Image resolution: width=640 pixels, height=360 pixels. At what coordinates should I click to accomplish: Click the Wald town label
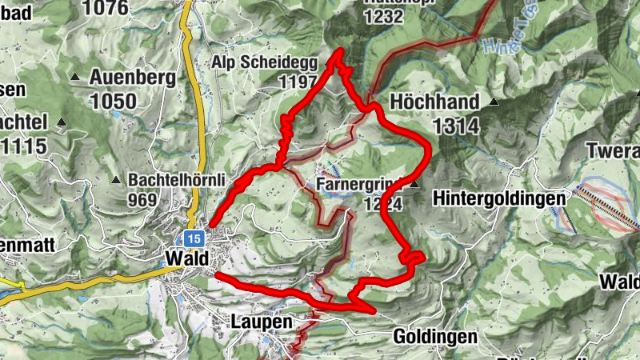click(186, 259)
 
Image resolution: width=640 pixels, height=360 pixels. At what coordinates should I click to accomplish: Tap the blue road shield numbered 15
click(193, 238)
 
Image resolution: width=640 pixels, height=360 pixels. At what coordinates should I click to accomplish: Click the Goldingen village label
click(434, 337)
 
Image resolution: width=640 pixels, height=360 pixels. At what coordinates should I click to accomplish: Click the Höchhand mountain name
click(434, 102)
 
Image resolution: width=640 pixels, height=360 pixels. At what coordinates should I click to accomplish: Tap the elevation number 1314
click(456, 126)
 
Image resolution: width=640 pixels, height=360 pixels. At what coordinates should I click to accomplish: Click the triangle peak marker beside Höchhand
click(494, 102)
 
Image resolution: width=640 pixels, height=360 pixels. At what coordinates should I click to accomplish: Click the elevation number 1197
click(298, 82)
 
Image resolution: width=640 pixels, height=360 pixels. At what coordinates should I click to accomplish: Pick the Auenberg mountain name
click(132, 78)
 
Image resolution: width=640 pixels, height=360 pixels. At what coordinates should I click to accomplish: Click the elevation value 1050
click(114, 101)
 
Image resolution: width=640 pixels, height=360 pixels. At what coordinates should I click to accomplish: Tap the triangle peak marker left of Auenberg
click(75, 78)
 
